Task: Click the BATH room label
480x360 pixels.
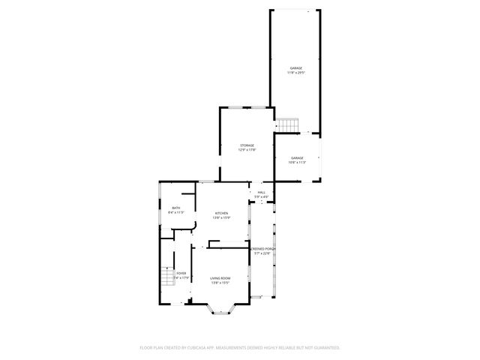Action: pos(176,208)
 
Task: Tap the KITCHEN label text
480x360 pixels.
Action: pos(221,213)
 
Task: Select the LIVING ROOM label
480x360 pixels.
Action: pos(220,278)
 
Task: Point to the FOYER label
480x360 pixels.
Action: pos(181,273)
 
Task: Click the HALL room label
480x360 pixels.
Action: pos(262,193)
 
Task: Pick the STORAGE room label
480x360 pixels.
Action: pos(247,145)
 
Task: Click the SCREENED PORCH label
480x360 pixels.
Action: pos(263,248)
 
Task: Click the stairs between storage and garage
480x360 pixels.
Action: pos(288,124)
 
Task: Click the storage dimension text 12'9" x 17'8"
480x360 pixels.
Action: pos(247,150)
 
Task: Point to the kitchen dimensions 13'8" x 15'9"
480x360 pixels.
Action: pos(221,218)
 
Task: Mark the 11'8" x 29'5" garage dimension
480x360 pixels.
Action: pos(296,73)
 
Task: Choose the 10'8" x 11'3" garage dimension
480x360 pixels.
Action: pos(298,162)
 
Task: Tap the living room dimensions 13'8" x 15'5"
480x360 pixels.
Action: pos(220,283)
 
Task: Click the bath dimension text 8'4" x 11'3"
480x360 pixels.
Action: pos(176,213)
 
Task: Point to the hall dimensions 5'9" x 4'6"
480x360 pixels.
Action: pos(262,197)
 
